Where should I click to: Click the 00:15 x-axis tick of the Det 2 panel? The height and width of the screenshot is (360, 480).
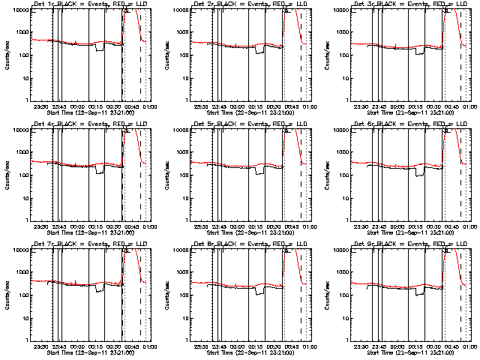tap(256, 106)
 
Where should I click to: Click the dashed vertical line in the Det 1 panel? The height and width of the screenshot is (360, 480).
tap(140, 67)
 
